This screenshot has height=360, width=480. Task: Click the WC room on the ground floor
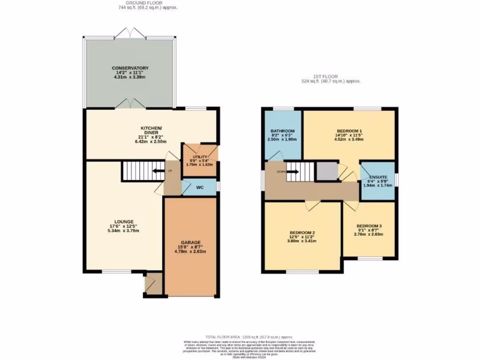(199, 187)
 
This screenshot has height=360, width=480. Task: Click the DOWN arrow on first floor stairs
(291, 172)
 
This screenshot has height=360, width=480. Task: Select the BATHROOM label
(282, 131)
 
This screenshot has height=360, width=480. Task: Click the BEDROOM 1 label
(349, 131)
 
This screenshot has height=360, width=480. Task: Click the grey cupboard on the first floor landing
(326, 172)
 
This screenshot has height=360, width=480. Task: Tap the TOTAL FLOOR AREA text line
(249, 337)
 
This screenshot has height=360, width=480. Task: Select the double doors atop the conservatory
(130, 33)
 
